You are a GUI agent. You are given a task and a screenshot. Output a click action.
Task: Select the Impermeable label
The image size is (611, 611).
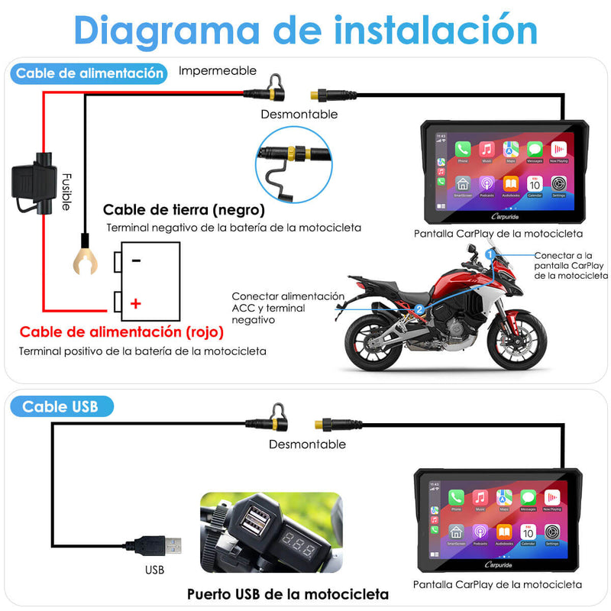pyautogui.click(x=218, y=70)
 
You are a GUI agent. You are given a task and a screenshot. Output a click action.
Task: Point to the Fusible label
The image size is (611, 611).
pyautogui.click(x=67, y=190)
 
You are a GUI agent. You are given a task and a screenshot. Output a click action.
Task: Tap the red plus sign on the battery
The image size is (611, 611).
pyautogui.click(x=135, y=303)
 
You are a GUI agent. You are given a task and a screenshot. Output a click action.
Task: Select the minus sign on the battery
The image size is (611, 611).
pyautogui.click(x=135, y=260)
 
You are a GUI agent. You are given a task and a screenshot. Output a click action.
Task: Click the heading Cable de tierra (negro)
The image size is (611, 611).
pyautogui.click(x=184, y=209)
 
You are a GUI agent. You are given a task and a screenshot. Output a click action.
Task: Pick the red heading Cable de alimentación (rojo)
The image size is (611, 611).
pyautogui.click(x=121, y=332)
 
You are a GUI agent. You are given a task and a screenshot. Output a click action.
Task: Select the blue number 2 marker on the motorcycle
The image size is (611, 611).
pyautogui.click(x=419, y=309)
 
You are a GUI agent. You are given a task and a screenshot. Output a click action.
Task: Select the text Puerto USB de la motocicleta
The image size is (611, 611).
pyautogui.click(x=288, y=593)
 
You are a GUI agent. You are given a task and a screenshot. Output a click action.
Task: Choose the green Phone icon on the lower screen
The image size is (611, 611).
pyautogui.click(x=457, y=497)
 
